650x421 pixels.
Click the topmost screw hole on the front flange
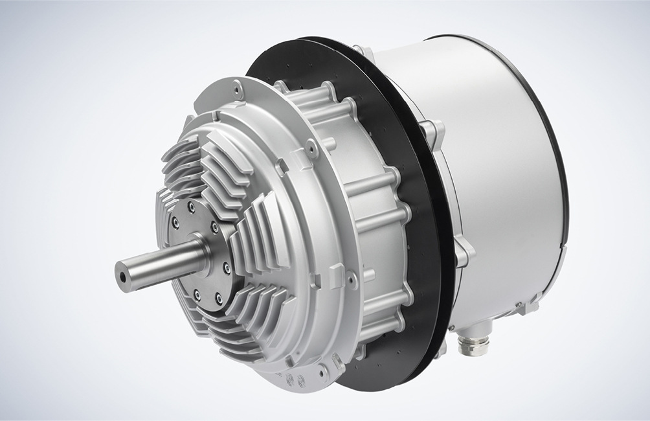(x=239, y=85)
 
